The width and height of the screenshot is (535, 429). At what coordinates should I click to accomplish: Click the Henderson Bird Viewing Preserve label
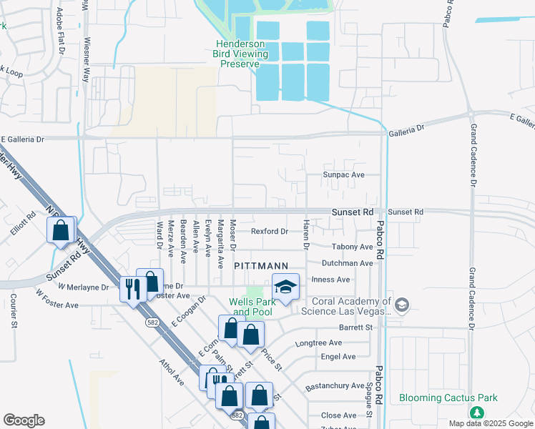[x=242, y=54]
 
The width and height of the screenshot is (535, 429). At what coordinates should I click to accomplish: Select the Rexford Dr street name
[x=269, y=231]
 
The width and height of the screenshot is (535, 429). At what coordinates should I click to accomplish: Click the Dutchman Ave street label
[x=347, y=263]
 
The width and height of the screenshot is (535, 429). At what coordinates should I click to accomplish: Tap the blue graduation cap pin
[x=285, y=287]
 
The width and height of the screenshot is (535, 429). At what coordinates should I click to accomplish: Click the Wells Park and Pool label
[x=251, y=307]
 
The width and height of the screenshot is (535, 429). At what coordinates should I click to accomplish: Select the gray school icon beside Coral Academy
[x=402, y=305]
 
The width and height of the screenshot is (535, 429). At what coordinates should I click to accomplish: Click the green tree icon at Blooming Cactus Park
[x=476, y=413]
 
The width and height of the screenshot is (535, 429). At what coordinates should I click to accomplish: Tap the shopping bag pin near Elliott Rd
[x=62, y=230]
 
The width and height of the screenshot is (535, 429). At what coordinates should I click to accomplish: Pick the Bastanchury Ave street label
[x=335, y=386]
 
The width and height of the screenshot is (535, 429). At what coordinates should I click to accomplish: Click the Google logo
[x=24, y=420]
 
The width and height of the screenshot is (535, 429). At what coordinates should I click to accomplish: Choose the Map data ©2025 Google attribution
[x=490, y=423]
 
